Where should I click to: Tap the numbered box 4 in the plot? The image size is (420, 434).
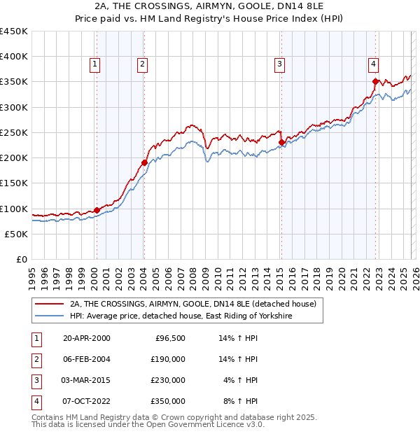374,64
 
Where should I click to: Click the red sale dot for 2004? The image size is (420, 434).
144,162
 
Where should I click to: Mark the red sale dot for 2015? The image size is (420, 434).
281,142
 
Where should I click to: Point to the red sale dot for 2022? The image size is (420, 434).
376,81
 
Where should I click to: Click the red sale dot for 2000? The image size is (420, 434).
97,210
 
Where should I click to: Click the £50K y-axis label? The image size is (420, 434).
16,234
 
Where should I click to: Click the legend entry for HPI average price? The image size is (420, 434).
180,316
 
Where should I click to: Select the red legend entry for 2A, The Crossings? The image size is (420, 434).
193,304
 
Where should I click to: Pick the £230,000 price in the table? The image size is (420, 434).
168,380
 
